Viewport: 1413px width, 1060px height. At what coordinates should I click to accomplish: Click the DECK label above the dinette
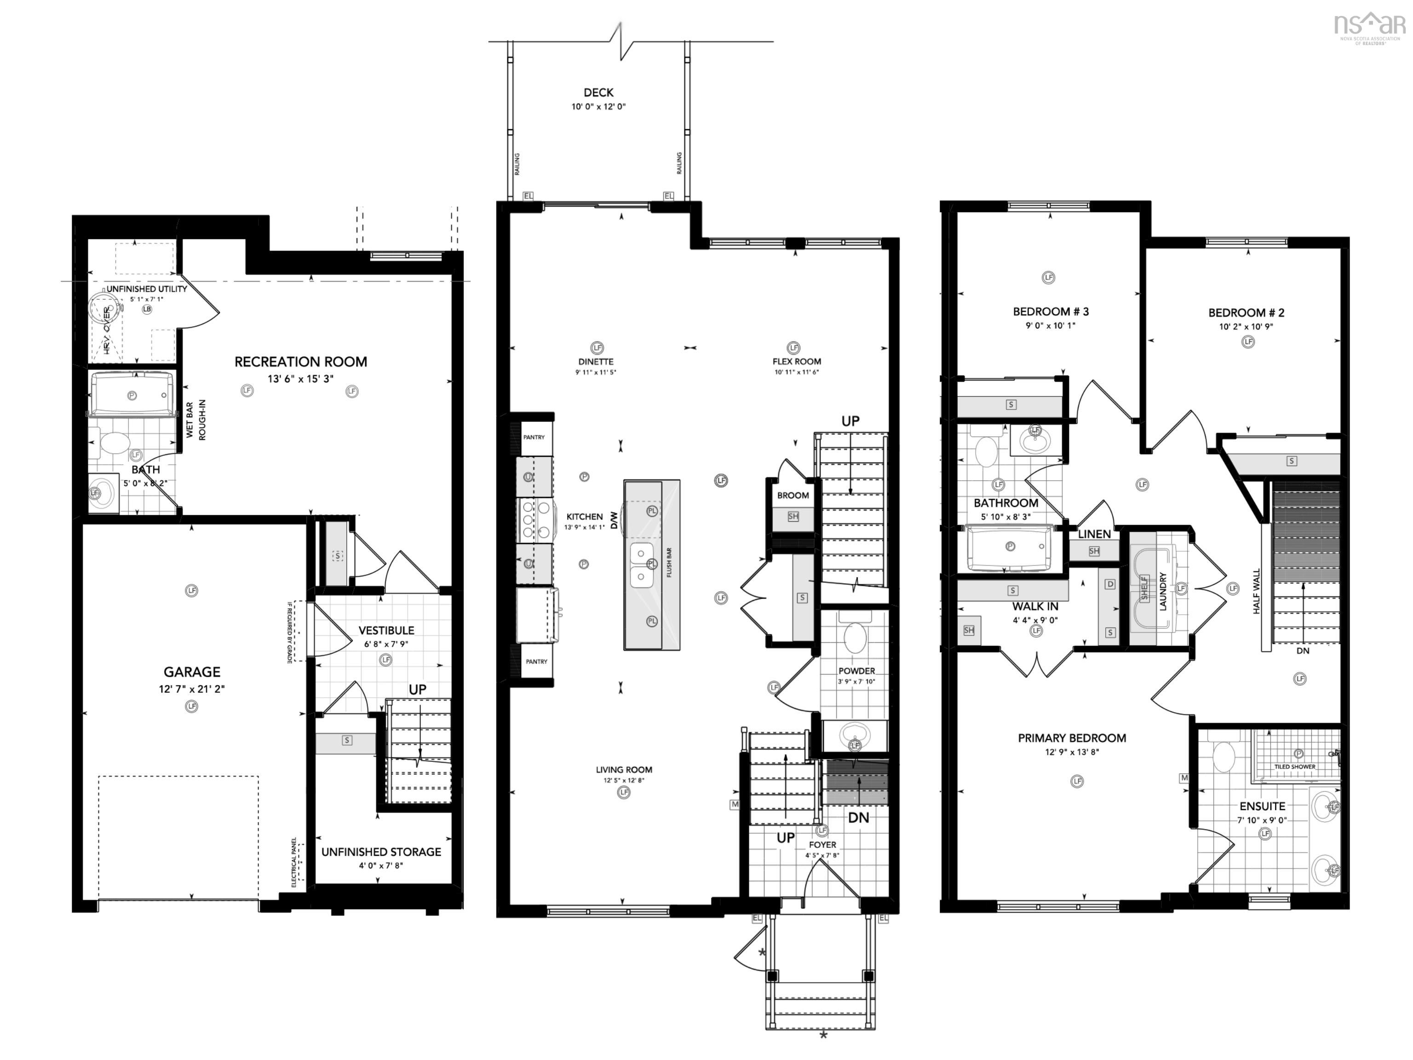[598, 92]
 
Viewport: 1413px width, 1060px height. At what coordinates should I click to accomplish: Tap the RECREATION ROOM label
[300, 362]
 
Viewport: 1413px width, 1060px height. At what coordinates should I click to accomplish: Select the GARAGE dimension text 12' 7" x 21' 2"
[192, 689]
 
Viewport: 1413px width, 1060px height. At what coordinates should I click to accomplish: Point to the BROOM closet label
[793, 495]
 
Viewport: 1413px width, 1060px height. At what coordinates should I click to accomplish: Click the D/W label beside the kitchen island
[615, 519]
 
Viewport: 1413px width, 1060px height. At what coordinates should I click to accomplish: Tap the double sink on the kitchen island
[640, 565]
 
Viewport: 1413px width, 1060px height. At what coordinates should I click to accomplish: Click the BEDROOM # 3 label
[1051, 312]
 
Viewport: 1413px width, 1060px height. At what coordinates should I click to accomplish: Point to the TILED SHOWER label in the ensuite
[1294, 766]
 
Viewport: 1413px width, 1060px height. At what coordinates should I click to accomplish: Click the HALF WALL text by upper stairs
[1257, 591]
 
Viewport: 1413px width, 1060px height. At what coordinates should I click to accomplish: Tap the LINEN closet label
[1094, 534]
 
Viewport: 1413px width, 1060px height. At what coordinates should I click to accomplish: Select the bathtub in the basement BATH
[132, 395]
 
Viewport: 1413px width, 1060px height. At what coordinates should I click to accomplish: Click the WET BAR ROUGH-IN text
[195, 420]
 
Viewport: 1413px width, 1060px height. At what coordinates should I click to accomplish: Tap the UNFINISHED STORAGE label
[381, 852]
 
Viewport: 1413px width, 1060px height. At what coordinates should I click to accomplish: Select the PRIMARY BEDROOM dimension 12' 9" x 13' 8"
[1071, 752]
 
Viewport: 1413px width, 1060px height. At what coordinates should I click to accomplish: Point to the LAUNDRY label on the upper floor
[1163, 591]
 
